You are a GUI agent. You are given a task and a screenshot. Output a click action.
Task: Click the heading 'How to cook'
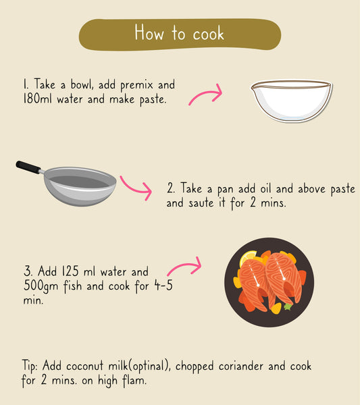coord(179,33)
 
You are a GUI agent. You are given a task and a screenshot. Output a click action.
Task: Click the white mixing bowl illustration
coord(292,101)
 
